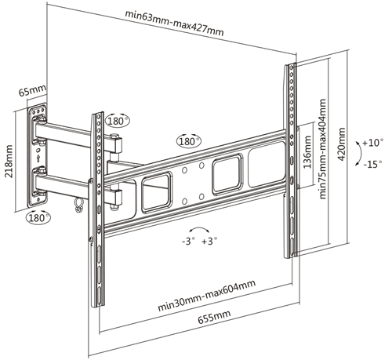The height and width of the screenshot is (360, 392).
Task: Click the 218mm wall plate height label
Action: click(9, 161)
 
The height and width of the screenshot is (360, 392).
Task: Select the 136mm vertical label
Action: click(307, 153)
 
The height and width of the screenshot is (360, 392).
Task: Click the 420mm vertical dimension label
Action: click(340, 145)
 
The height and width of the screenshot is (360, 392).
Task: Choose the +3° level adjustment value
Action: click(209, 242)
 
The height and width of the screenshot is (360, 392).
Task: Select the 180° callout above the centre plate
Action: click(188, 143)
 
